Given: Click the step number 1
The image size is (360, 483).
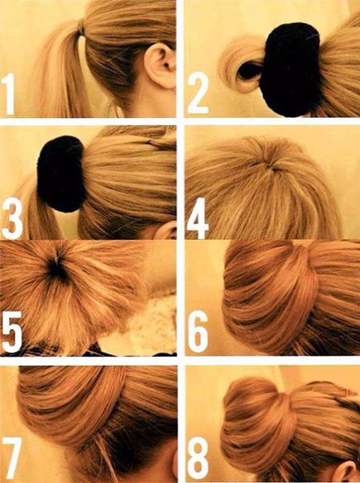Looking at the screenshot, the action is (x=8, y=94).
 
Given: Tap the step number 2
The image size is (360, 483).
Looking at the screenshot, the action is (x=198, y=93).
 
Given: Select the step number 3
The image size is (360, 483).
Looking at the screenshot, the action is (x=12, y=218).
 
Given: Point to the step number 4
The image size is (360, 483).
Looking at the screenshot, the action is (x=198, y=218).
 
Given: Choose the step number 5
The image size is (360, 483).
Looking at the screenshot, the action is (x=12, y=332).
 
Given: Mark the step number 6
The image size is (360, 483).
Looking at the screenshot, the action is (x=198, y=332).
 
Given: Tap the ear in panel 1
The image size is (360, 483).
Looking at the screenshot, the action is (x=160, y=65).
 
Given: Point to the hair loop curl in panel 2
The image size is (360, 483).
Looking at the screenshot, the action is (x=242, y=65).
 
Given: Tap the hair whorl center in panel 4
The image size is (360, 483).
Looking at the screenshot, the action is (x=271, y=167).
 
